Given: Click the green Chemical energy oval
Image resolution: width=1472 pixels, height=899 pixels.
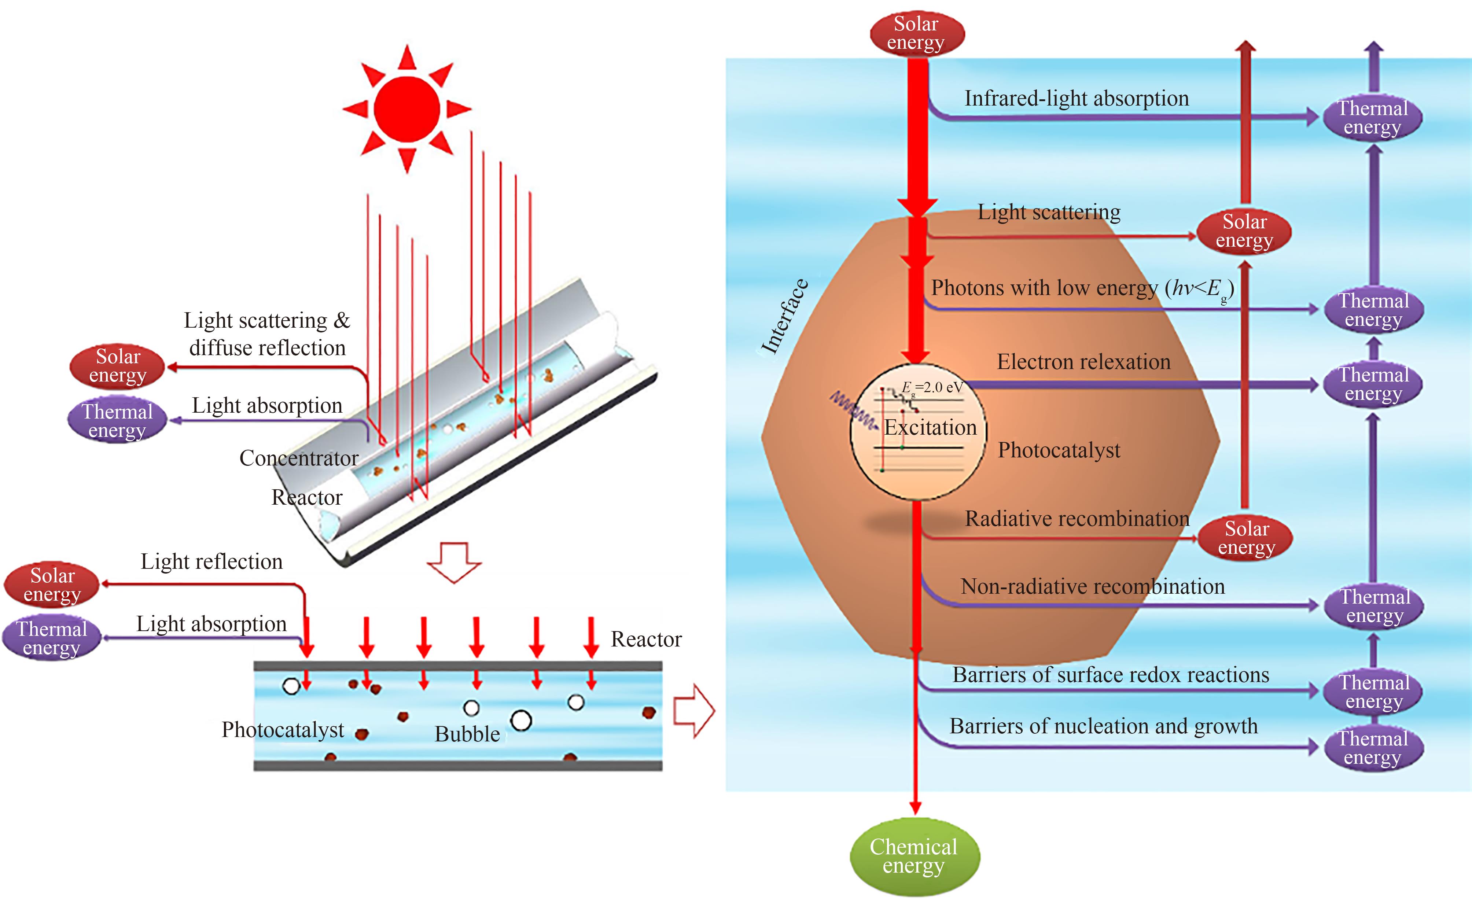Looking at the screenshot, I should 914,856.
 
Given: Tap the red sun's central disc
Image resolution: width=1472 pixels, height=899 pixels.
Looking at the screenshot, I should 407,109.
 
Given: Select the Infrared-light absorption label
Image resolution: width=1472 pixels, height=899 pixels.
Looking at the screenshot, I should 1077,99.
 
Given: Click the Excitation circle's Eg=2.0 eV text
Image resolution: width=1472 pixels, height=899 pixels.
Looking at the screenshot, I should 932,388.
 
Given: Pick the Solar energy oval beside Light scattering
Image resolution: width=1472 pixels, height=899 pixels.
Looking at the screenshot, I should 1244,231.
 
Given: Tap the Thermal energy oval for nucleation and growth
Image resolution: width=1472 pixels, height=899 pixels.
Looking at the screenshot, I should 1373,748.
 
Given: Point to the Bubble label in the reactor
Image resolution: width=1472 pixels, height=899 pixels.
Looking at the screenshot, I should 467,734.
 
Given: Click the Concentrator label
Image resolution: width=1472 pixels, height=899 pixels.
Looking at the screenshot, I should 299,458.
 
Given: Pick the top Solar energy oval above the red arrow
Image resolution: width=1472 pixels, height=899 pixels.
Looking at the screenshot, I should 916,33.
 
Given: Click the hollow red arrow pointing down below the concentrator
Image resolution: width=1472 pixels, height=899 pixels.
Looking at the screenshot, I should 454,561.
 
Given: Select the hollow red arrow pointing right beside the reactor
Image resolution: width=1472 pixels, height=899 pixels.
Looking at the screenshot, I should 693,711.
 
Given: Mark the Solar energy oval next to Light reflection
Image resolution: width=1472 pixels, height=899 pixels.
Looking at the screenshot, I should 52,585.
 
